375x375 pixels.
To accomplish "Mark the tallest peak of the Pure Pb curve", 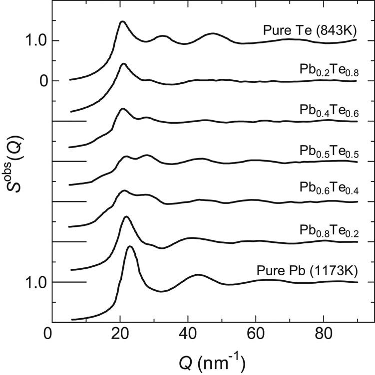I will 130,247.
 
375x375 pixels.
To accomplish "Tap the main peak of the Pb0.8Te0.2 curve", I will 126,216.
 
